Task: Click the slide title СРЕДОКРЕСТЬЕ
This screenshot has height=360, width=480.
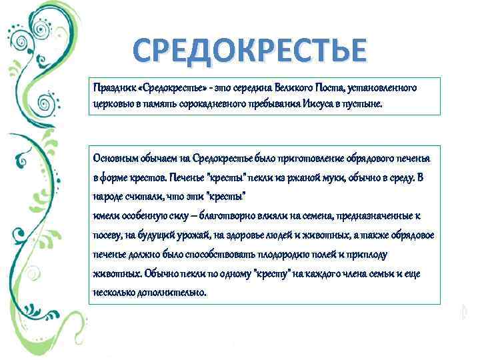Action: [249, 51]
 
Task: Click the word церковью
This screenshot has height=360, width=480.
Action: [112, 105]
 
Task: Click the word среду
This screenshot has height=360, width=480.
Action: [403, 178]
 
